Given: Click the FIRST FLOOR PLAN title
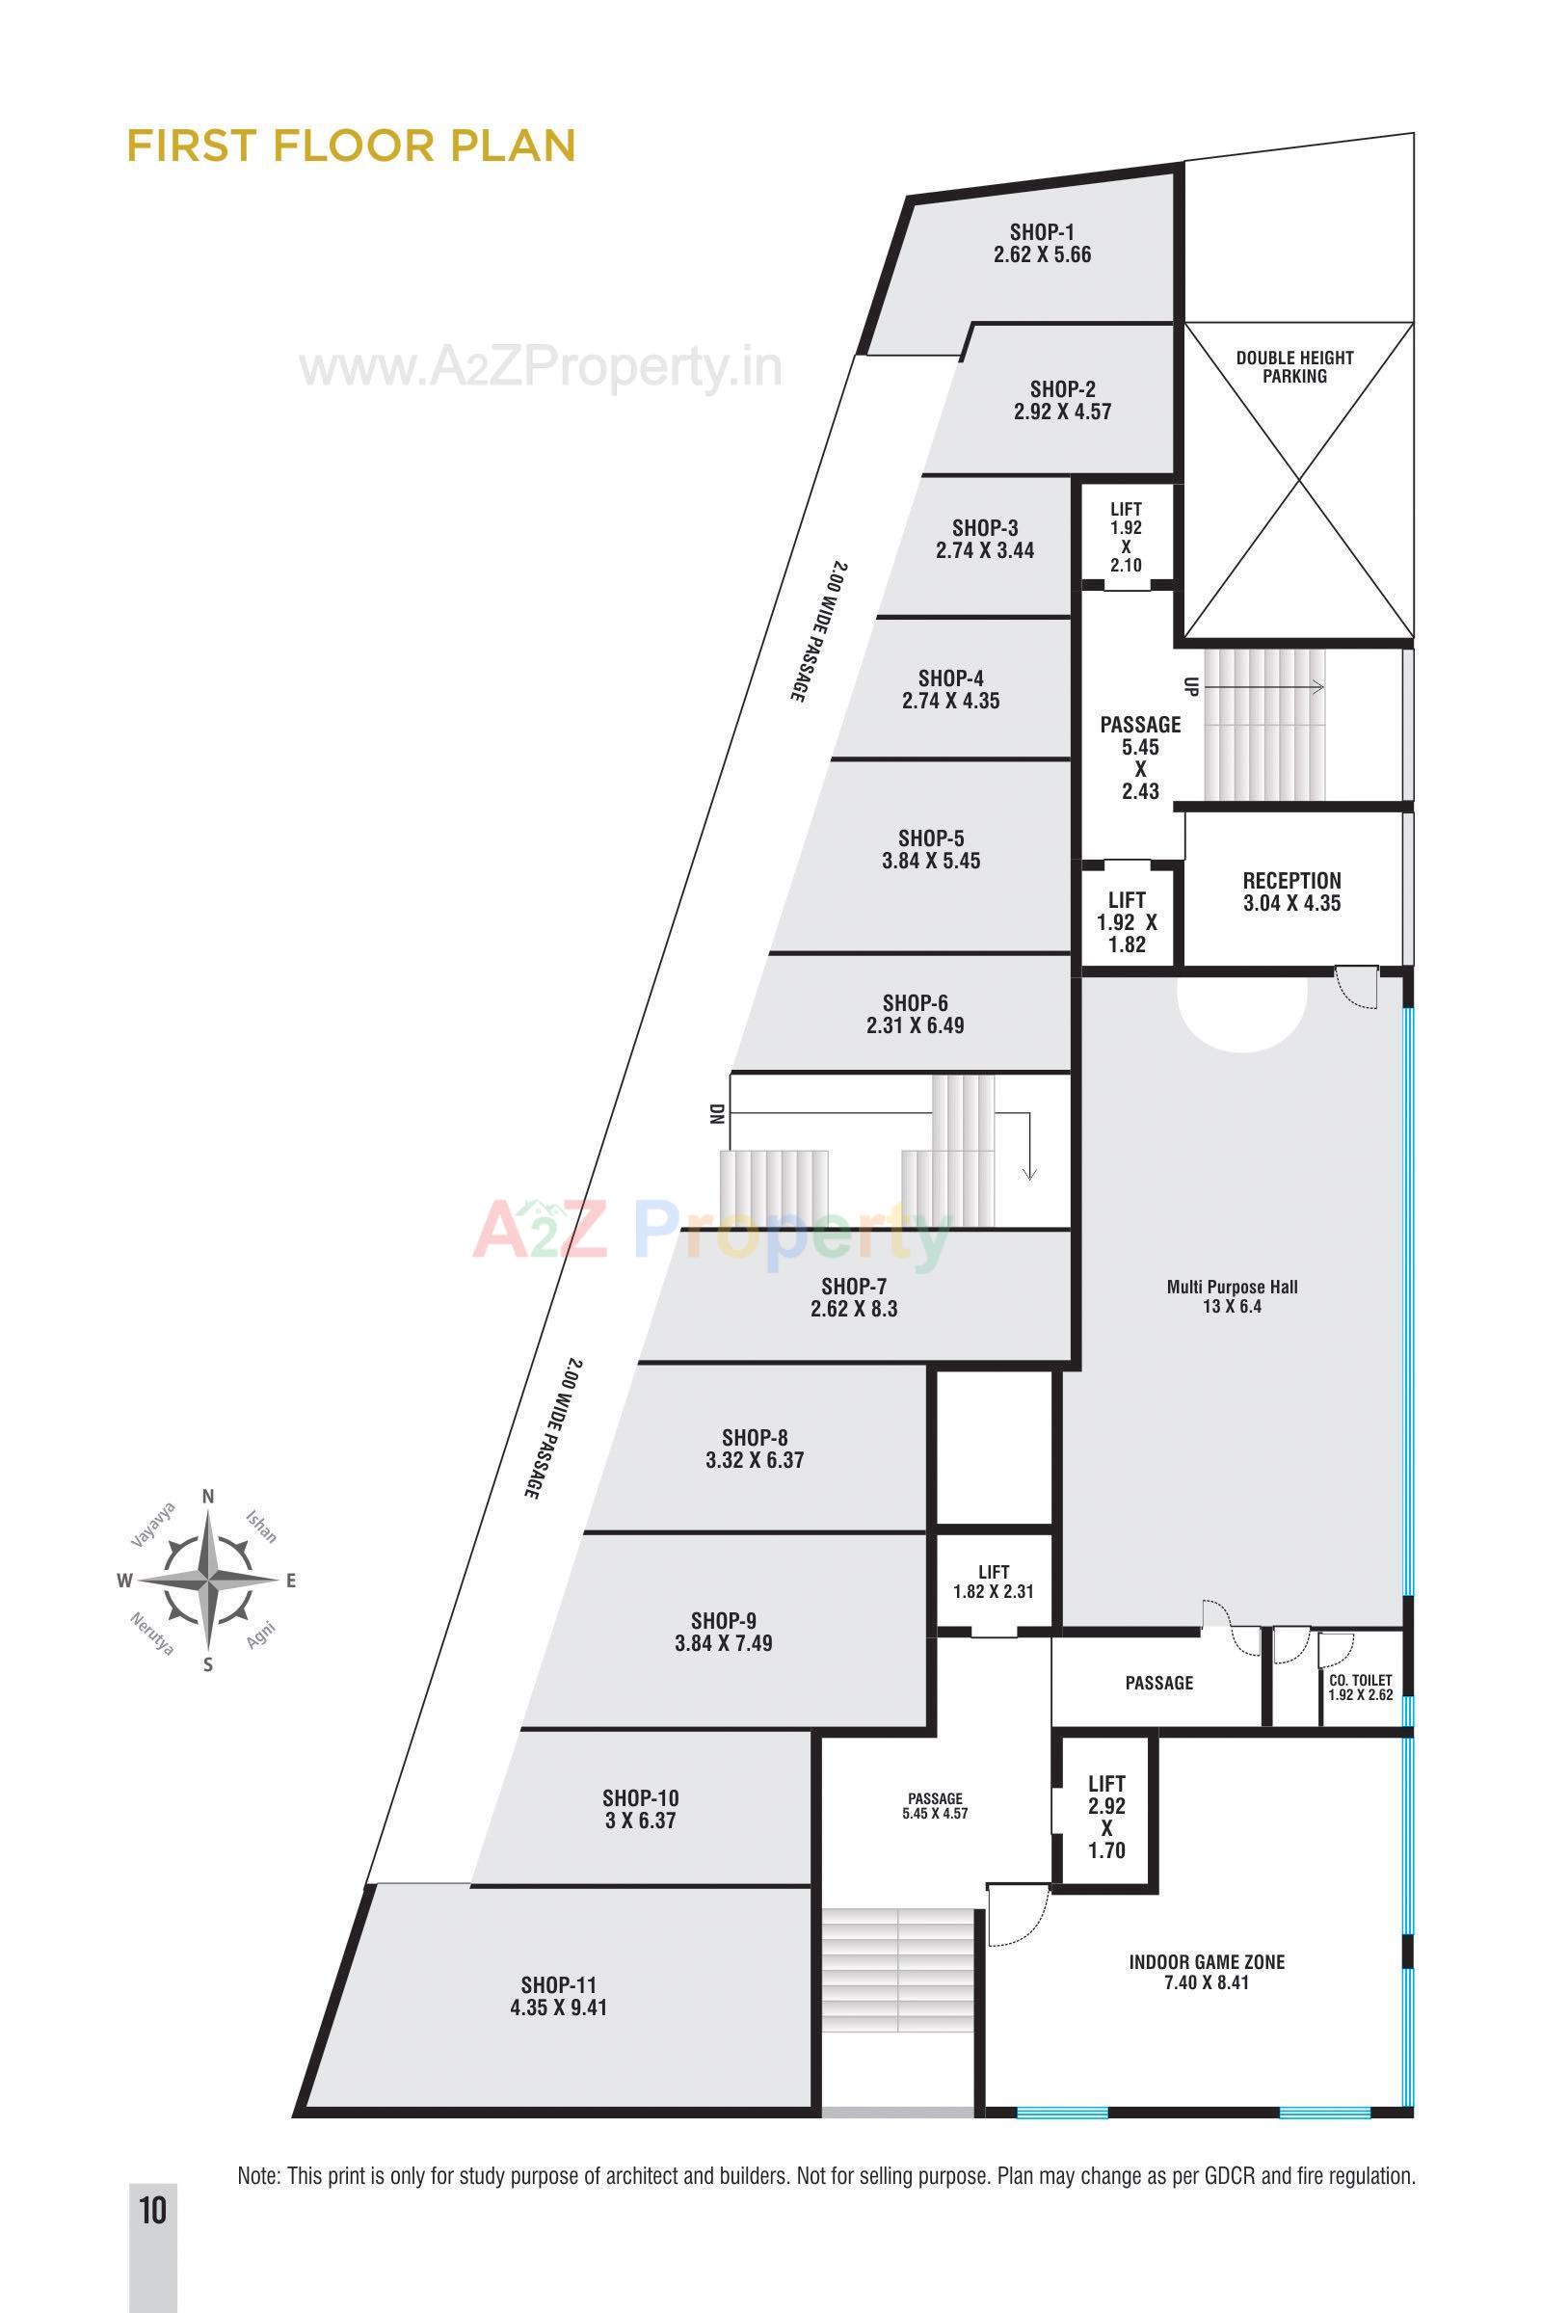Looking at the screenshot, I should [x=351, y=146].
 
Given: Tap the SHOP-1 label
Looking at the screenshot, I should [x=1042, y=232].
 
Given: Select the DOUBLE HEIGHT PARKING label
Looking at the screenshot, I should [x=1294, y=367].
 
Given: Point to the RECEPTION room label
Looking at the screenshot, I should [x=1291, y=880].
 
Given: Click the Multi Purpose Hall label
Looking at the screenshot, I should [x=1232, y=1287].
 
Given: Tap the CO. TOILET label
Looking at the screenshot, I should [x=1360, y=1681].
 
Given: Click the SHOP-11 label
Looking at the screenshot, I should [x=559, y=1985].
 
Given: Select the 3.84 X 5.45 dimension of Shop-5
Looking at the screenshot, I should [x=930, y=861].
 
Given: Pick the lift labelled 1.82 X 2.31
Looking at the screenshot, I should [x=994, y=1582].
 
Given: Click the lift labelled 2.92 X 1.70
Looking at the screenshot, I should [x=1106, y=1817].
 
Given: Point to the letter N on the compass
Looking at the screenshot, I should [x=207, y=1497].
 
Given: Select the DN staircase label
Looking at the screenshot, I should [x=716, y=1113].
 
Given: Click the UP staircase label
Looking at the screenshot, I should [x=1190, y=686].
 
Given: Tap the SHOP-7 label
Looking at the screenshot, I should [x=854, y=1286].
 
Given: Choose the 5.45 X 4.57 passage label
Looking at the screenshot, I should [x=934, y=1805].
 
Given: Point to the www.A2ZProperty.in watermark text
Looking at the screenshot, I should [x=541, y=368].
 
